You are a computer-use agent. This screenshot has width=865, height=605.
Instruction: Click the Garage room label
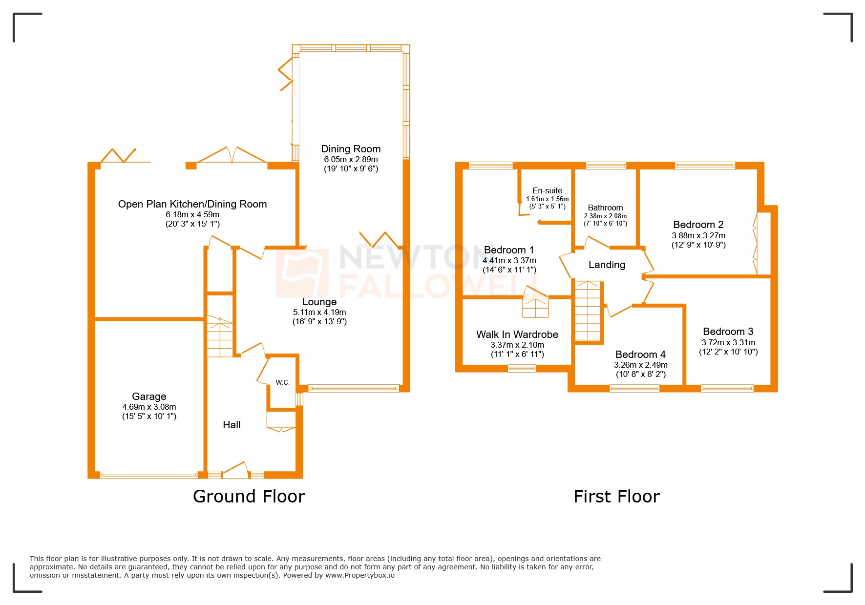point(149,396)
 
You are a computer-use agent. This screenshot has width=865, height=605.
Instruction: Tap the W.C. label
point(282,382)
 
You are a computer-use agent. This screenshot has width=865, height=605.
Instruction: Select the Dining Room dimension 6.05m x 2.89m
point(351,159)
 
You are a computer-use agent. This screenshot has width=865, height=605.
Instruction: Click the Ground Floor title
point(249,497)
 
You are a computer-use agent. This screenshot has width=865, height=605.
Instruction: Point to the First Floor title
point(616,497)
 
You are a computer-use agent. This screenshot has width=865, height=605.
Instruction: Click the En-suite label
point(547,190)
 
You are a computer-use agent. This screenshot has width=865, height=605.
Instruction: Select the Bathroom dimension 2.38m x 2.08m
point(605,216)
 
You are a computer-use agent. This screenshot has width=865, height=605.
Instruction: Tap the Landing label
point(607,265)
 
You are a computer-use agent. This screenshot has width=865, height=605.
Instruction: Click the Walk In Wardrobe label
point(517,334)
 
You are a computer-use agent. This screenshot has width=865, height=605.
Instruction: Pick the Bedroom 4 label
point(640,355)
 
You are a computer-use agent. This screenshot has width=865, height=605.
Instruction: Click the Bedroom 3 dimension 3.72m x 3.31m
point(728,343)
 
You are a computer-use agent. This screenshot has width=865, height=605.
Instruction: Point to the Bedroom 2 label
point(698,225)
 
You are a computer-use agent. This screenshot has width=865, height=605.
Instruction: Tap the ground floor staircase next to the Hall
point(220,337)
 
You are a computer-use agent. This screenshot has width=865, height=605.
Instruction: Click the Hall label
point(232,425)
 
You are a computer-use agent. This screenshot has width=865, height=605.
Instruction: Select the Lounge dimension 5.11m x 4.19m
point(319,312)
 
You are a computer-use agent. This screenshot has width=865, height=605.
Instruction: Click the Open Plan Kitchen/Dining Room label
point(192,204)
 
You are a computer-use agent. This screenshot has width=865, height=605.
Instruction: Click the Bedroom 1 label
point(509,250)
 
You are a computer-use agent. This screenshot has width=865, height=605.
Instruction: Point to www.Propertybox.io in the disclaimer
point(359,575)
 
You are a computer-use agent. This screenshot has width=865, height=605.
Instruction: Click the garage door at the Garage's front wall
point(148,475)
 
